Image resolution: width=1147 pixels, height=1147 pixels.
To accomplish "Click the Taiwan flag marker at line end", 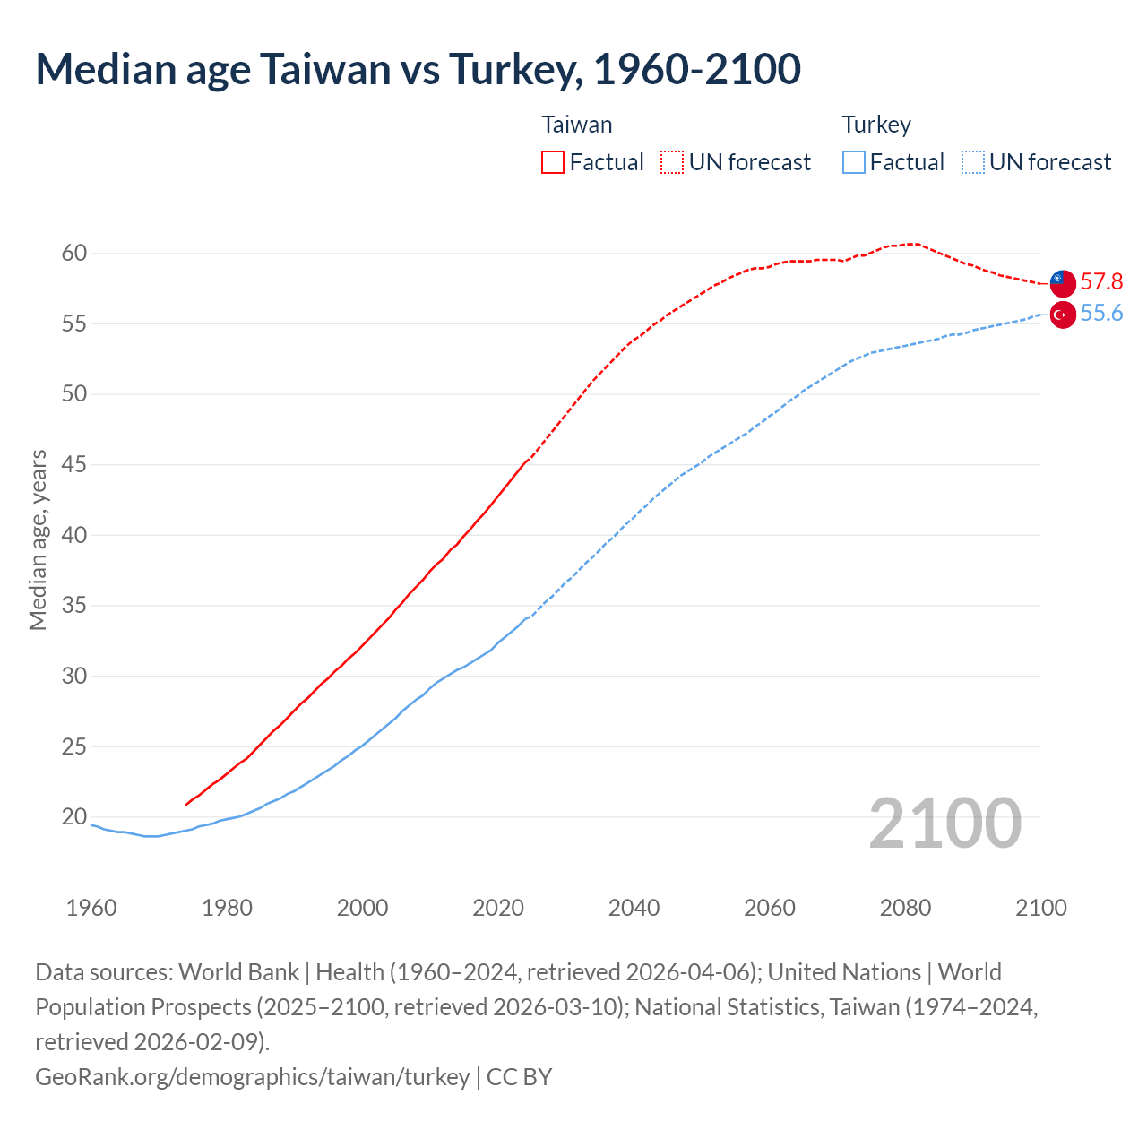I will coord(1062,282).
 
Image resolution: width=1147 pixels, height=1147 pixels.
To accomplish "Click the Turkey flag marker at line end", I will coord(1062,315).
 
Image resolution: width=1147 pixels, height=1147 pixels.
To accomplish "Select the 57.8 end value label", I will coord(1101,282).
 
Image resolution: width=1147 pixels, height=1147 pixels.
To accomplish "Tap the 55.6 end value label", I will coord(1101,314).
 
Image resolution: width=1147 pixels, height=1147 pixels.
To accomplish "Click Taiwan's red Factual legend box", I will coord(553,162).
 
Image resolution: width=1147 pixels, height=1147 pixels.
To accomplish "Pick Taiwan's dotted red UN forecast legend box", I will coord(672,162).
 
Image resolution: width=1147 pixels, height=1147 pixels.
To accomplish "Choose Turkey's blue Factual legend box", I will coord(854,162).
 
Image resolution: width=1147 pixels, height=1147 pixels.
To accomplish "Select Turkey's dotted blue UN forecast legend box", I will coord(973,162).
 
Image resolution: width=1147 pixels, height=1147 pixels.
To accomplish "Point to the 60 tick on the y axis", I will coord(74,254).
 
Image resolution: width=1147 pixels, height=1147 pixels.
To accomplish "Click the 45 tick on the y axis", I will coord(74,465).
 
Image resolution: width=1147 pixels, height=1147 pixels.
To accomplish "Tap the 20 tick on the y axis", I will coord(74,817).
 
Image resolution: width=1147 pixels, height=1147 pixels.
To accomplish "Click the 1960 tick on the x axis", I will coord(91,908).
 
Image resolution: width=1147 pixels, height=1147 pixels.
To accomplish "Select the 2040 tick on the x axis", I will coord(634,908).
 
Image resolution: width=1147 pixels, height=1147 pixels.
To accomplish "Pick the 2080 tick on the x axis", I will coord(905,908).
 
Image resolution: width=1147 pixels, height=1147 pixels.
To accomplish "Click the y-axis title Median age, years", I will coord(38,540).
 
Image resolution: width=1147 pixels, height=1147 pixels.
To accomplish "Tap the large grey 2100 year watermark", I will coord(944,824).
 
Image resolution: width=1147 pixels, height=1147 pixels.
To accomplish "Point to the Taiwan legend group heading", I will coord(577,125).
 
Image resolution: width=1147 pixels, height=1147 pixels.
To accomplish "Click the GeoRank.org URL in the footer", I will coord(252,1076).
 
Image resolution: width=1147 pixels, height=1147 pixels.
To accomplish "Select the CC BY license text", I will coord(520,1076).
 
